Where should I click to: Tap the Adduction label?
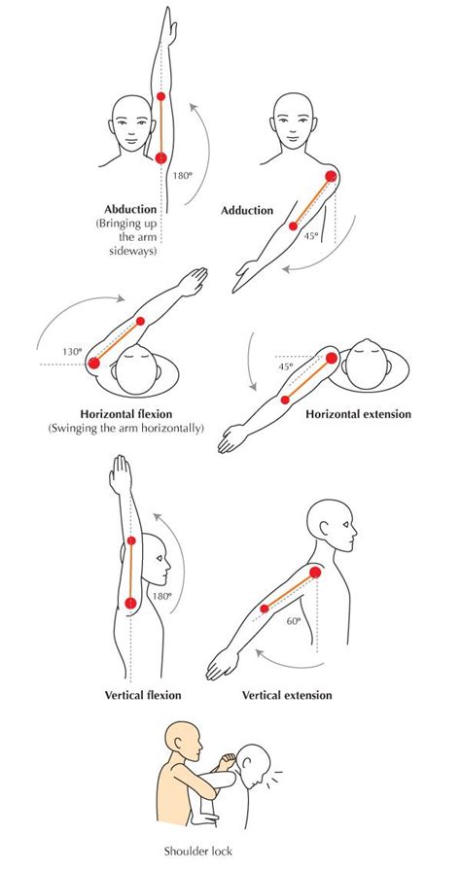tap(247, 210)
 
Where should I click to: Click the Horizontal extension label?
tap(358, 414)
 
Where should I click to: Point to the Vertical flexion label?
tap(143, 695)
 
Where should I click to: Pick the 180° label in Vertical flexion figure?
tap(160, 596)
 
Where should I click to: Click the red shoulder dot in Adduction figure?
tap(332, 177)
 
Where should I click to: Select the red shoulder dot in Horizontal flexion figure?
tap(94, 364)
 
